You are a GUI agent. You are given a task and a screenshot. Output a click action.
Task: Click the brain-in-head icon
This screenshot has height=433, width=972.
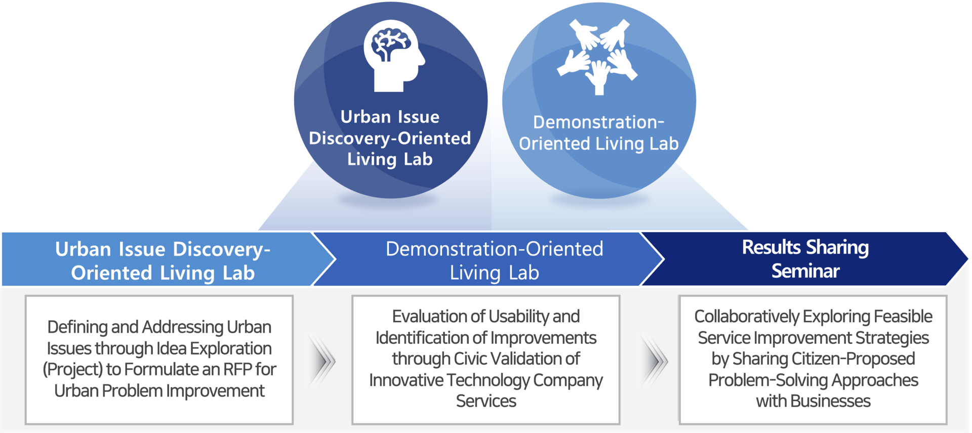click(394, 56)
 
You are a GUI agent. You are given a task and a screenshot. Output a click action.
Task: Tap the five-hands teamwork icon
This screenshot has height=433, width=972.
click(597, 57)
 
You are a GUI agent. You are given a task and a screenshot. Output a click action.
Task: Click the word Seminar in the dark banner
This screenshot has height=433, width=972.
click(805, 271)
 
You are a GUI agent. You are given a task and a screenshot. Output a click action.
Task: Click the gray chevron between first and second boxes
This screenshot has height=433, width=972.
click(322, 361)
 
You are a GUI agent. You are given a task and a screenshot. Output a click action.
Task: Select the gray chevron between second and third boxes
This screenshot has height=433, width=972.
click(654, 361)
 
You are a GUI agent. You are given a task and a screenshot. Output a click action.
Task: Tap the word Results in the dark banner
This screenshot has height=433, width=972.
click(772, 247)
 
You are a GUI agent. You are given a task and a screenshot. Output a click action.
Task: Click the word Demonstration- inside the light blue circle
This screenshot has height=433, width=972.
click(598, 122)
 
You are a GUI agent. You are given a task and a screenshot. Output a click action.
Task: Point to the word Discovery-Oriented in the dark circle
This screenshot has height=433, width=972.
click(390, 138)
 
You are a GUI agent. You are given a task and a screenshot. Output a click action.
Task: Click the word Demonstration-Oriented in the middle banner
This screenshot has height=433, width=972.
click(495, 249)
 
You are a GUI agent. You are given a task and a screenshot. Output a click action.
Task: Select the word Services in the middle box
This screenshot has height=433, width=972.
click(486, 401)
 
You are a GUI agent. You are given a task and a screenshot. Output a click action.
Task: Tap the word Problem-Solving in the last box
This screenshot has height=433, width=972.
click(767, 380)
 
